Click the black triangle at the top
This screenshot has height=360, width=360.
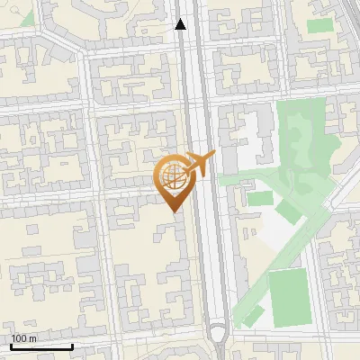coord(181,24)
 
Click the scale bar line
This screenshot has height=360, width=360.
coord(40,346)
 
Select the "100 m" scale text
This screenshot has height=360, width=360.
coord(23,337)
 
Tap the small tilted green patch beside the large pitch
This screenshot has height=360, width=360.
coord(253,315)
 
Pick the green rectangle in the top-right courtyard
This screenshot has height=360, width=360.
coord(319,25)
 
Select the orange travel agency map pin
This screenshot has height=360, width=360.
coord(175,180)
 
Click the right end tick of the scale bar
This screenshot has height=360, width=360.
coord(72,346)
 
